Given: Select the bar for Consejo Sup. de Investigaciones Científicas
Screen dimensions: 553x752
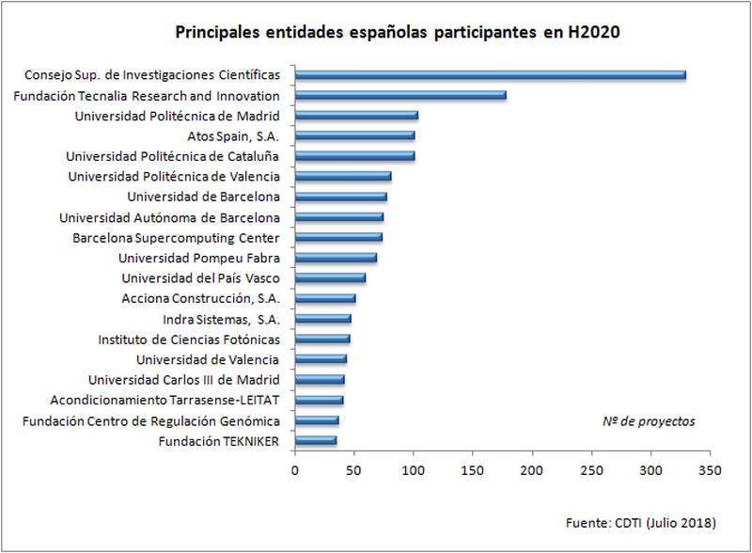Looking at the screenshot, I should pos(490,74).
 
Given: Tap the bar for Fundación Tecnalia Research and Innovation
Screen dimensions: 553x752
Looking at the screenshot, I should pos(400,95).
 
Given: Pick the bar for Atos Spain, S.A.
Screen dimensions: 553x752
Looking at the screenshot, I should pos(354,135).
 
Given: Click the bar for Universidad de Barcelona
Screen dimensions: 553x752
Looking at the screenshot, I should pos(340,197).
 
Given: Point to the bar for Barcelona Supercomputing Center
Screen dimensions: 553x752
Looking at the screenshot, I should pos(338,237).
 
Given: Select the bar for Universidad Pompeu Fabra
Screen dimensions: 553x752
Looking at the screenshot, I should pos(336,258).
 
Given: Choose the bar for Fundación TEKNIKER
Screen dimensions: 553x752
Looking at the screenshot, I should pos(315,440).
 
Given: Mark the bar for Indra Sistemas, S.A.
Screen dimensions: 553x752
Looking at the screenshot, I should pos(322,319).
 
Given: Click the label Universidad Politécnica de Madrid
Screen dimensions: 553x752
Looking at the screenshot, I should pos(177,116).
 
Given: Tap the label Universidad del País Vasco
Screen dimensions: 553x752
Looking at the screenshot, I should pos(200,277).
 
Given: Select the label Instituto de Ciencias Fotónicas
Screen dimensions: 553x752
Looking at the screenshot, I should pos(189,339).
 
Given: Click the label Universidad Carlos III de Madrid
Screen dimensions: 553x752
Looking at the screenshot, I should pos(183,380).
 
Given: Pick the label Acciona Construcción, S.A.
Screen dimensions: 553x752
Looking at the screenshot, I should pos(200,298).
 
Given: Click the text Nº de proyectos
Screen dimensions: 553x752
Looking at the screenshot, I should pos(649,421).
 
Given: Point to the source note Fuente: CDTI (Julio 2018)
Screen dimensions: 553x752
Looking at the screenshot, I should pos(642,522).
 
